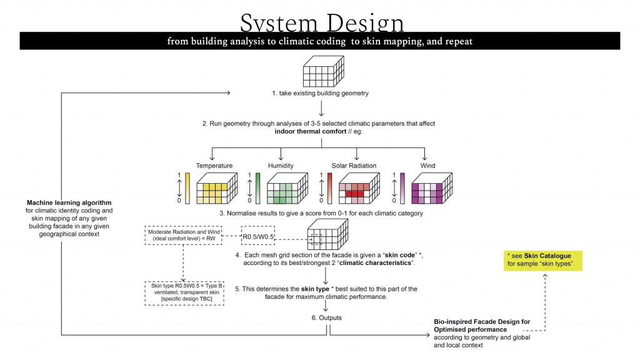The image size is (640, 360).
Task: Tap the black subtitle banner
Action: click(x=320, y=41)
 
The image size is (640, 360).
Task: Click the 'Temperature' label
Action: click(x=214, y=166)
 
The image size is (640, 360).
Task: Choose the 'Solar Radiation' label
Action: click(x=354, y=166)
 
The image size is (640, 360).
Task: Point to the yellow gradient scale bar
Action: click(x=187, y=187)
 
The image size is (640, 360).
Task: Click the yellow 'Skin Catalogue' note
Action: click(x=543, y=261)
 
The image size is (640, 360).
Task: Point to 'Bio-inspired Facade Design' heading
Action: click(x=482, y=322)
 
